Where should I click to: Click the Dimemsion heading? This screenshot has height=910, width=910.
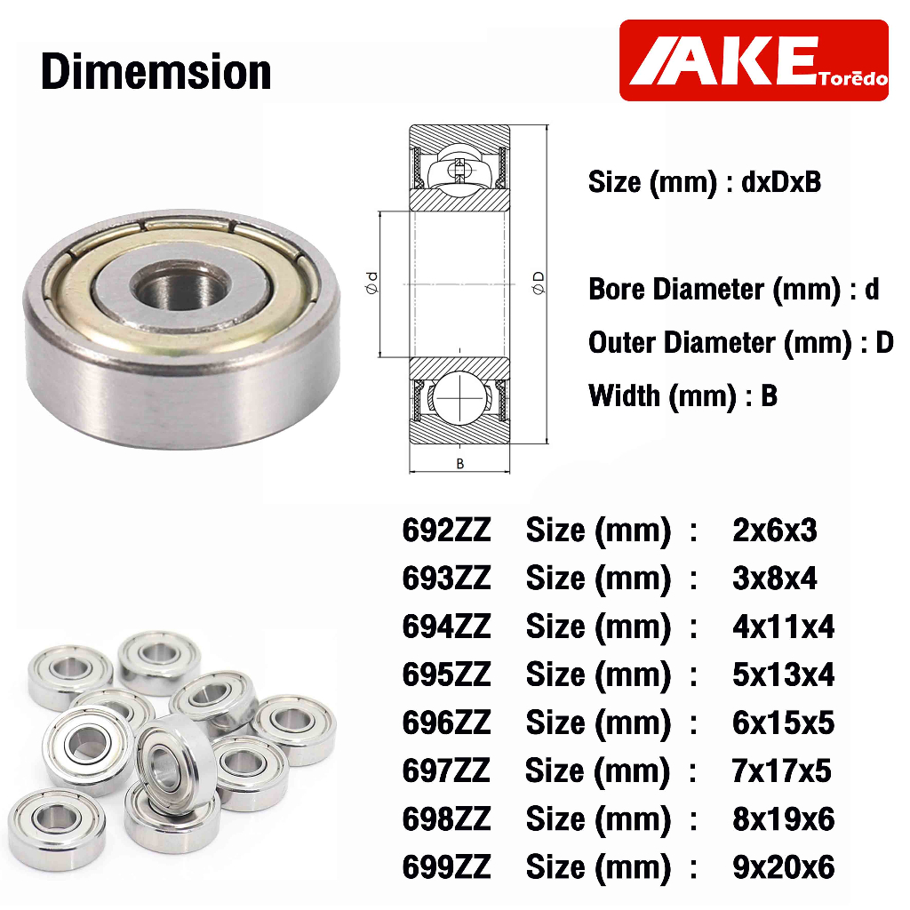pos(156,72)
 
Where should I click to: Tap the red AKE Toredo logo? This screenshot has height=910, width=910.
pos(754,60)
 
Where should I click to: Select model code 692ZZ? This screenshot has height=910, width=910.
pos(446,531)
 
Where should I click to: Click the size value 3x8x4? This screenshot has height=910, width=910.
pos(774,579)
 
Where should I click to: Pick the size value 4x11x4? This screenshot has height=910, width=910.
pos(783,627)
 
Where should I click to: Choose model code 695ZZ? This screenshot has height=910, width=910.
pos(446,675)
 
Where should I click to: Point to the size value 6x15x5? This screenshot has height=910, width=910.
pos(783,723)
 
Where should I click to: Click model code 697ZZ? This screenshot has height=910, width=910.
pos(446,771)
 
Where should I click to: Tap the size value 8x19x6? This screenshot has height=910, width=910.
pos(783,819)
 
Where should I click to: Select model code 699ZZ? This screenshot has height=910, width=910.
pos(446,867)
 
